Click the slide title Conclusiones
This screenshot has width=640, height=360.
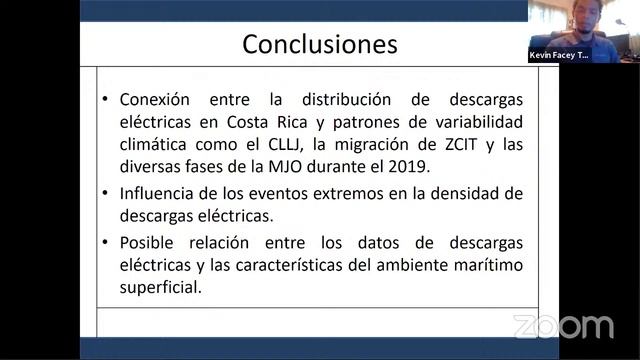tap(320, 45)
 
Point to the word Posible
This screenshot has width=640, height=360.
tap(148, 243)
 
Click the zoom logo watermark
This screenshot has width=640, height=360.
tap(564, 327)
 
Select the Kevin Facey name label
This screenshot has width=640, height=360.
tap(559, 55)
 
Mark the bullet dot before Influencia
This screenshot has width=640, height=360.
tap(106, 193)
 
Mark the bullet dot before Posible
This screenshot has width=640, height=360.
tap(106, 243)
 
